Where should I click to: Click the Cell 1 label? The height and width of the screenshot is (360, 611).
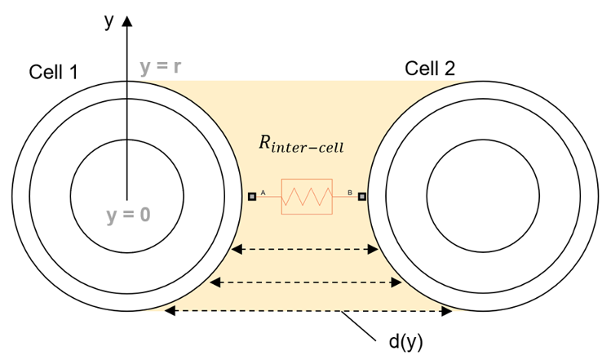coord(53,72)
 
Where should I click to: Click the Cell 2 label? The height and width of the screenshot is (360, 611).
coord(430,69)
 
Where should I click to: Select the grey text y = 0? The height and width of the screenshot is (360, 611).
coord(128,216)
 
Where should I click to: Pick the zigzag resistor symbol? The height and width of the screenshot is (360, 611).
coord(307,197)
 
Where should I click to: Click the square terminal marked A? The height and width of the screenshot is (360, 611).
coord(252,196)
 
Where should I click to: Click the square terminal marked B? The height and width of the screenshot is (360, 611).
coord(361,196)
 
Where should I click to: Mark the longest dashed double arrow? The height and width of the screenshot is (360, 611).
coord(309,311)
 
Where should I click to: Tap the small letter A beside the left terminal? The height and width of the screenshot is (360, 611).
coord(263,193)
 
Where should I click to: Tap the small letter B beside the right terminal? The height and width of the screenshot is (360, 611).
coord(350,193)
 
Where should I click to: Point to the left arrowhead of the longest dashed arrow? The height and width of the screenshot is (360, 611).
coord(169,311)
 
